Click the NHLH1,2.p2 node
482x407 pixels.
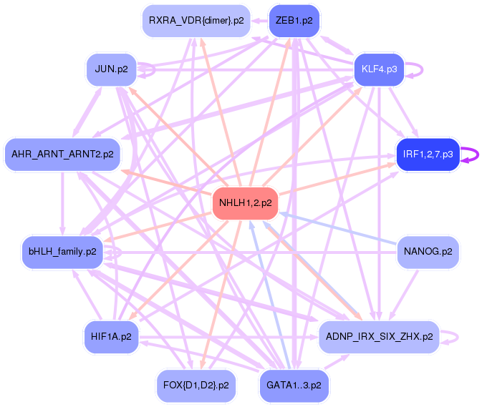(x=245, y=203)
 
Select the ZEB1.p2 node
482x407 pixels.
(x=294, y=21)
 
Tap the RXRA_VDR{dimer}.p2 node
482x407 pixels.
(x=196, y=21)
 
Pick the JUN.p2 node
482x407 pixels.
(x=111, y=69)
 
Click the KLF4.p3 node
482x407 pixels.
(x=379, y=69)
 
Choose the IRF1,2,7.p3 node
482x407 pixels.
(x=428, y=155)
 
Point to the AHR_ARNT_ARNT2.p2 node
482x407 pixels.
(x=62, y=155)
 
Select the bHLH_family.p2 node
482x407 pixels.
(x=62, y=252)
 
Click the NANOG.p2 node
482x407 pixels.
(x=428, y=252)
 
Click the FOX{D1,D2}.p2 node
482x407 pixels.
(x=196, y=386)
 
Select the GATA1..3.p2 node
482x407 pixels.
(x=294, y=386)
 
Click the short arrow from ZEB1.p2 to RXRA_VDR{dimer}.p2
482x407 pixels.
(x=259, y=21)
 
